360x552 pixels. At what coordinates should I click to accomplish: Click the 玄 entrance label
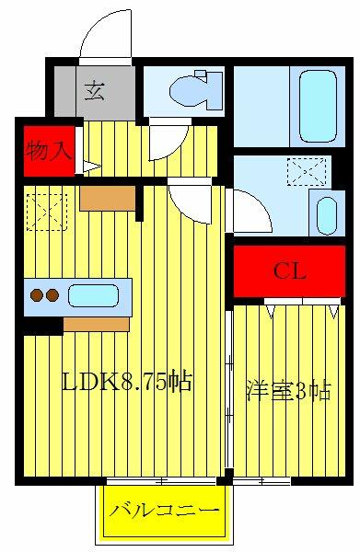click(95, 90)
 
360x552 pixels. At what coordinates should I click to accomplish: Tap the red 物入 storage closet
click(49, 151)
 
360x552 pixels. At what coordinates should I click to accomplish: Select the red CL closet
click(289, 271)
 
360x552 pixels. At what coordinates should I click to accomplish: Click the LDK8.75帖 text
click(127, 382)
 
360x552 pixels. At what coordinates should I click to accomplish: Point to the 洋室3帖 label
click(288, 390)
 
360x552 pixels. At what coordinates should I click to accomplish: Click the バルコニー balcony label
click(164, 511)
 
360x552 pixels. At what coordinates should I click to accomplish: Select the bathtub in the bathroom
click(318, 106)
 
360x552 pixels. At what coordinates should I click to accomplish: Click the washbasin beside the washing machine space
click(327, 215)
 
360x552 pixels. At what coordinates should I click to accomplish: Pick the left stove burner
click(37, 295)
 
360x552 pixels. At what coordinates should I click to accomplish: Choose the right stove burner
click(52, 295)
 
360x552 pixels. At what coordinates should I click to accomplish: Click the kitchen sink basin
click(93, 295)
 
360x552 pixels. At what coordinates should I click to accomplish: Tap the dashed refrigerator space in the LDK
click(47, 213)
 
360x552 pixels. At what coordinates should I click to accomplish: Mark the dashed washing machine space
click(307, 171)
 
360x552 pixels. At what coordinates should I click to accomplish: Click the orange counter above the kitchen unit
click(108, 199)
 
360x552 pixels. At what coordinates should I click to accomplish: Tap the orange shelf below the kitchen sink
click(96, 325)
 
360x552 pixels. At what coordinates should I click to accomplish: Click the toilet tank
click(215, 90)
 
